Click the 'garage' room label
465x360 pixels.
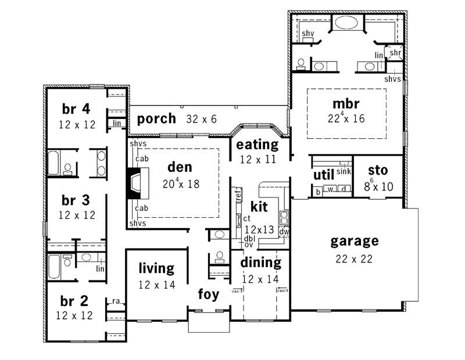pos(355,241)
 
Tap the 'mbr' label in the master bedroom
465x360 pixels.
pos(346,104)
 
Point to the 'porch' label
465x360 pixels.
pos(157,119)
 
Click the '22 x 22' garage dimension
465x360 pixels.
pos(355,259)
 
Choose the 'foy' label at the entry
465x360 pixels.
pos(208,294)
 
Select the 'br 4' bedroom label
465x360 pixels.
pos(76,109)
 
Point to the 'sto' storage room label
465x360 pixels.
pos(378,171)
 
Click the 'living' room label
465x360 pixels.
pos(156,268)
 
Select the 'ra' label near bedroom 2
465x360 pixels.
pos(116,301)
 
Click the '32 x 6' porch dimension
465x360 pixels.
pos(201,119)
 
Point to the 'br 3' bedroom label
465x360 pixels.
pos(76,200)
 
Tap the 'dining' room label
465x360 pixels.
pos(261,262)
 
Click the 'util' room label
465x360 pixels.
pos(323,175)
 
